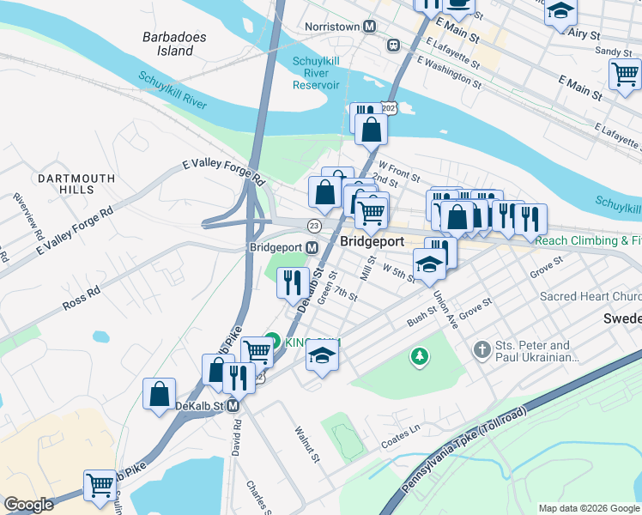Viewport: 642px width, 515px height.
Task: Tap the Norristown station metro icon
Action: tap(369, 27)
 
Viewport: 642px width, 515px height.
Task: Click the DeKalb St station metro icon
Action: tap(233, 405)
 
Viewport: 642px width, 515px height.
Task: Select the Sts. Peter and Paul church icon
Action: tap(482, 350)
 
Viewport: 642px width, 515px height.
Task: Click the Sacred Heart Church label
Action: tap(590, 297)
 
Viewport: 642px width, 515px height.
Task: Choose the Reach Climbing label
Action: tap(587, 241)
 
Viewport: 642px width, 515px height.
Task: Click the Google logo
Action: tap(28, 505)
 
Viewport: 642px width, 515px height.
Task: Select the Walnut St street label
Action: tap(306, 444)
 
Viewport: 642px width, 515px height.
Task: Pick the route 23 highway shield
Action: tap(314, 225)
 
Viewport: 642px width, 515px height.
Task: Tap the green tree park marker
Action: tap(419, 356)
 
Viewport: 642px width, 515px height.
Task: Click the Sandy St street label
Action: tap(614, 52)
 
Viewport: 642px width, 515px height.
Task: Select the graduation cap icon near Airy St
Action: tap(561, 12)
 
